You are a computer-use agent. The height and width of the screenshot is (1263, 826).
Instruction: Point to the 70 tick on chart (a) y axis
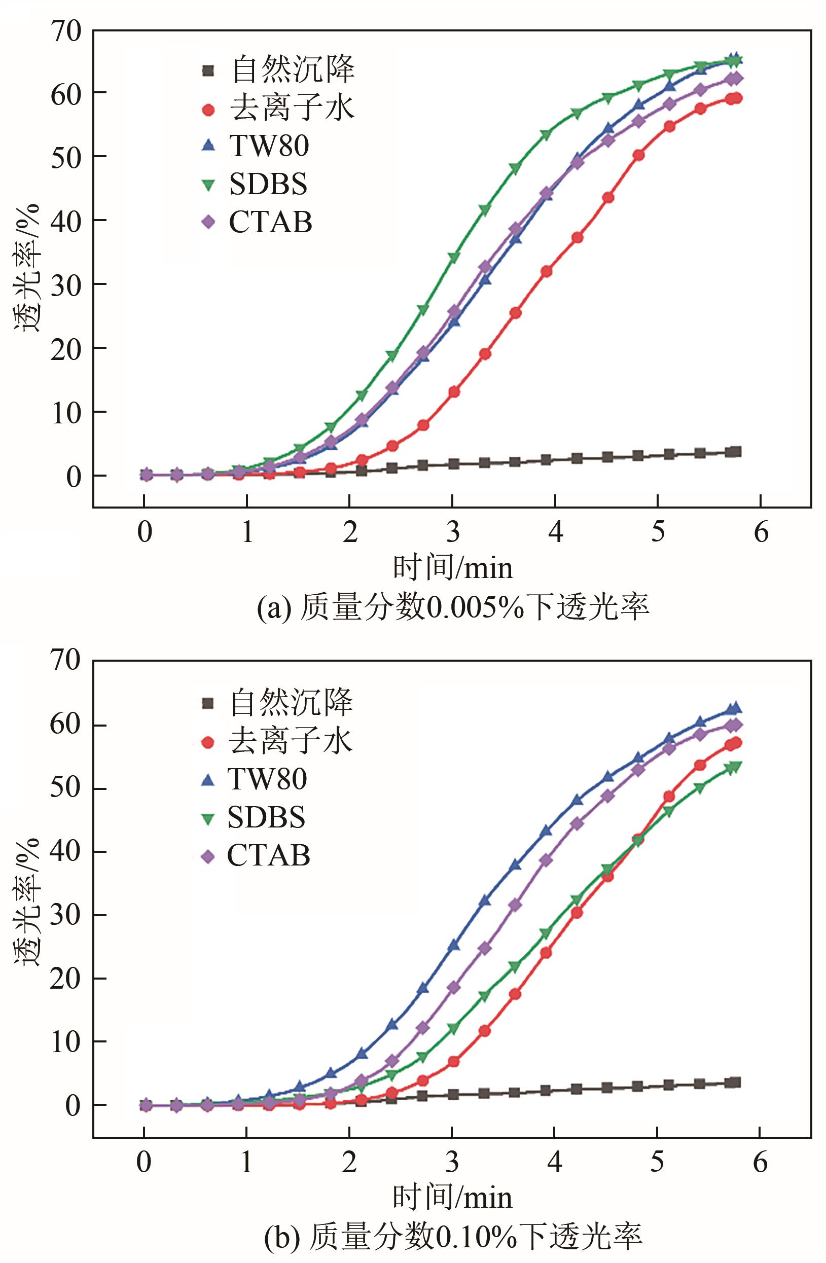click(x=66, y=31)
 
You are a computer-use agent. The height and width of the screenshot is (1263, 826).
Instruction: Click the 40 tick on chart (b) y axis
click(x=66, y=851)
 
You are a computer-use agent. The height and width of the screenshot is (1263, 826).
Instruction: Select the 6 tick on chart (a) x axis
click(x=761, y=532)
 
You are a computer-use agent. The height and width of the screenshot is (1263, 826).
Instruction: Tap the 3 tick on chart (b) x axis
click(x=452, y=1162)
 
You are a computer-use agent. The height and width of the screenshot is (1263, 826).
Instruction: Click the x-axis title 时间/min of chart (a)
click(x=453, y=568)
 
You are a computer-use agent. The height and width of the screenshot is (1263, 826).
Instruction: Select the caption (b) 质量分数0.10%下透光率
click(x=453, y=1237)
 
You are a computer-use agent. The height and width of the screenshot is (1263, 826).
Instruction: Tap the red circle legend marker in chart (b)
click(x=208, y=742)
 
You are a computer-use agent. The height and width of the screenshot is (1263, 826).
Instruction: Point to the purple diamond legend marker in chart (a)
click(x=209, y=223)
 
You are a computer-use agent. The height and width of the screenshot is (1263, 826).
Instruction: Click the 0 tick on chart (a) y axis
click(x=73, y=476)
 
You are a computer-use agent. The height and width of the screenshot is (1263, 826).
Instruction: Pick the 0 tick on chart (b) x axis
click(x=144, y=1162)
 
